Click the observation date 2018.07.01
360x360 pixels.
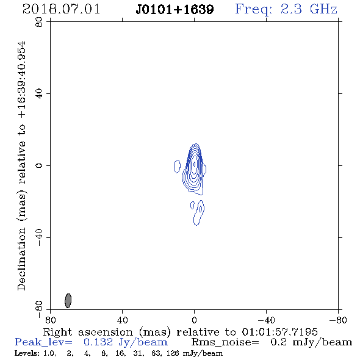coord(61,9)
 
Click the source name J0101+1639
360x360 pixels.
coord(175,10)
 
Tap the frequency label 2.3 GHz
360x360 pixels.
coord(309,9)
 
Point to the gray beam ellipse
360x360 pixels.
coord(68,300)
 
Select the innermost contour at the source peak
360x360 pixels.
coord(195,164)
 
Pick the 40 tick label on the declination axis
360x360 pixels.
coord(39,94)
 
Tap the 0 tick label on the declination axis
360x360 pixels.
coord(39,165)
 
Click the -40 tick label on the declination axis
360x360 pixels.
coord(39,237)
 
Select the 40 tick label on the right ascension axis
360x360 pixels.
coord(122,320)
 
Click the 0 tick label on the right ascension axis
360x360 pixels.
coord(194,320)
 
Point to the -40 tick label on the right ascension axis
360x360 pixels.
coord(266,320)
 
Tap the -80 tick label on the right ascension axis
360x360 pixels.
coord(338,320)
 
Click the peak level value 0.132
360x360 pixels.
coord(98,342)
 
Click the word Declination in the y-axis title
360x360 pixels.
coord(21,259)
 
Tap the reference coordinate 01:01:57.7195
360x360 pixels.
coord(279,332)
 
